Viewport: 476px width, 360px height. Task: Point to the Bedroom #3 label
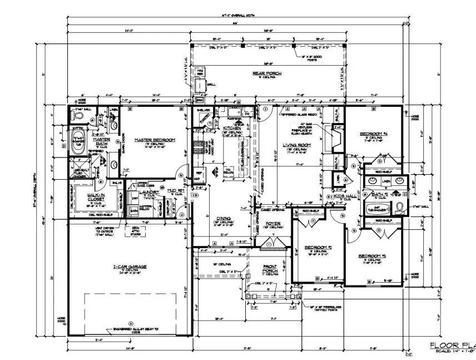[x=374, y=255]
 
